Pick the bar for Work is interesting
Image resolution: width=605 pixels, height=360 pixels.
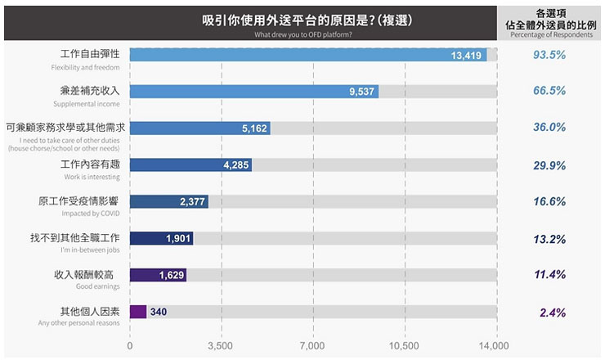[x=190, y=164]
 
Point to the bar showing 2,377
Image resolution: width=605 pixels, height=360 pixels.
[x=169, y=202]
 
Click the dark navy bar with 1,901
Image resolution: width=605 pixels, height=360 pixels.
[x=161, y=238]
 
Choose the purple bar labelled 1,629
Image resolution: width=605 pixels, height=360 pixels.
[x=158, y=275]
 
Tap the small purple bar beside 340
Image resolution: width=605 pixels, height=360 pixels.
[x=138, y=312]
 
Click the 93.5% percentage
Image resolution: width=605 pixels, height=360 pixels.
[x=549, y=55]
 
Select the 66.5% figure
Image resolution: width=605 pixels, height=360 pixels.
[x=549, y=91]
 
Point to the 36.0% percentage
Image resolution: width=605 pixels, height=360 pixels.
[x=549, y=128]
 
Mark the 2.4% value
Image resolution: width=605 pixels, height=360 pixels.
[x=553, y=313]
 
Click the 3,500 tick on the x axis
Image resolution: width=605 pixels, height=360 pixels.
[x=221, y=346]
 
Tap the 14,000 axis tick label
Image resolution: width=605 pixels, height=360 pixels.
[x=494, y=346]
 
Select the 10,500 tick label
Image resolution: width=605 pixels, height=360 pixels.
[x=404, y=346]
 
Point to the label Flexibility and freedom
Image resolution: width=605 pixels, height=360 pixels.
[x=85, y=67]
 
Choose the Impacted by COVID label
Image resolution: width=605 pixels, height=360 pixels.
[x=91, y=214]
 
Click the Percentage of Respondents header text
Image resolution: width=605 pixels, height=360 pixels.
[x=549, y=35]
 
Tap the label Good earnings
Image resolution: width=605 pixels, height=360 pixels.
[x=98, y=286]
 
